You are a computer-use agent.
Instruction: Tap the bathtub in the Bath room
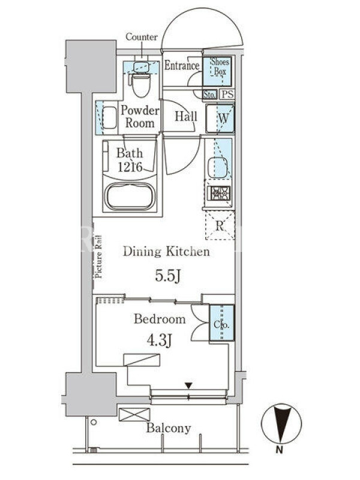tap(130, 196)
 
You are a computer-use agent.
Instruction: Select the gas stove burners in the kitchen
tap(218, 193)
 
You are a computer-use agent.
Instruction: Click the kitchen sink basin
tap(218, 167)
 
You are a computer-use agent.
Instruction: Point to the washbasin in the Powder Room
tap(110, 118)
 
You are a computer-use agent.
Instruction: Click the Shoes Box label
tap(220, 67)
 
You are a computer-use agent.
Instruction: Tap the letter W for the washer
tap(223, 118)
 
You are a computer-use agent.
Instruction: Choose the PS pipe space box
tap(227, 94)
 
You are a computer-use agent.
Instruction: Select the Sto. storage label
tap(209, 95)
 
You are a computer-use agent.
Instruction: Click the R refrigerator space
tap(220, 226)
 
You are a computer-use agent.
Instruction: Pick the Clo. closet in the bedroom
tap(221, 323)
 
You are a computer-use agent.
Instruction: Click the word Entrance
tap(182, 65)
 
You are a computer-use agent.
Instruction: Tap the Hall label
tap(186, 116)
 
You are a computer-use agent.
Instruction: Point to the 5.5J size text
tap(167, 276)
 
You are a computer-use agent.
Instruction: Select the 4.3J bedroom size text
tap(159, 340)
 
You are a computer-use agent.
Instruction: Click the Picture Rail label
tap(98, 257)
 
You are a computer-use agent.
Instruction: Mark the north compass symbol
tap(281, 424)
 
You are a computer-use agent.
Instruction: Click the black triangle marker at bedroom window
tap(188, 385)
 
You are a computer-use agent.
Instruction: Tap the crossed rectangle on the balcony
tap(134, 415)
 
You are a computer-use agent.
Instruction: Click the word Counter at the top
tap(142, 37)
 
